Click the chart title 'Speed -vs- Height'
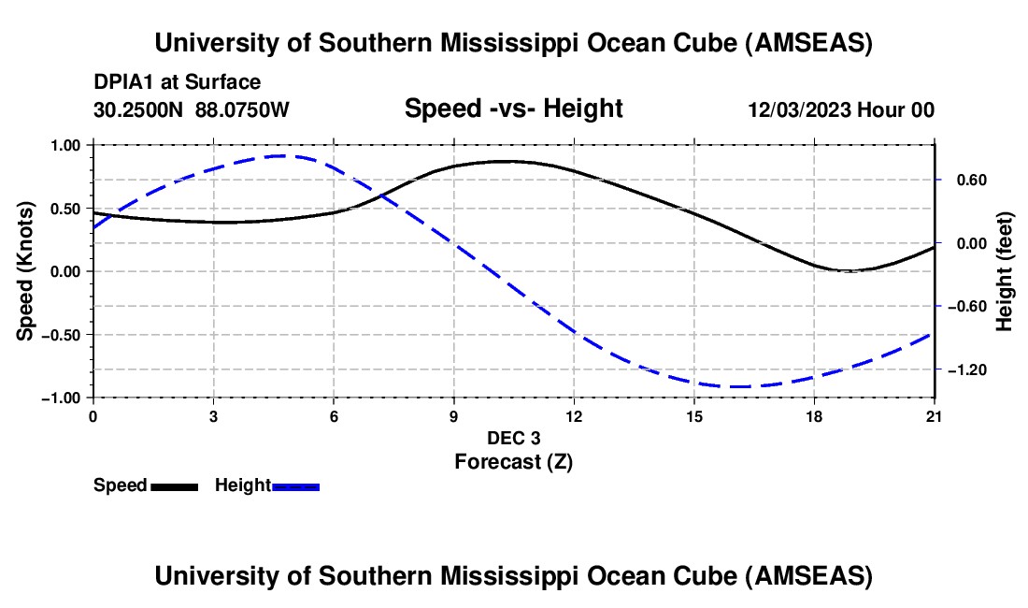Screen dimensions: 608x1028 coord(513,109)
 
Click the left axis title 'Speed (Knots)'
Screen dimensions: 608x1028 coord(27,271)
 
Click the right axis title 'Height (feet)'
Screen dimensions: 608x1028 coord(1005,271)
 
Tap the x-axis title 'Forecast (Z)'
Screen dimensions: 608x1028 coord(513,461)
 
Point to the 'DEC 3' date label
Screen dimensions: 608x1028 coord(513,438)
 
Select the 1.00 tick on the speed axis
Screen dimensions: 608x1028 coord(65,145)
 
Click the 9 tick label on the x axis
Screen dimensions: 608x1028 coord(453,415)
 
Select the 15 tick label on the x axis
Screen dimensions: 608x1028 coord(693,415)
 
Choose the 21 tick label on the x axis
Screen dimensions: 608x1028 coord(934,415)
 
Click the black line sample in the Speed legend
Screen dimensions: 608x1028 coord(174,486)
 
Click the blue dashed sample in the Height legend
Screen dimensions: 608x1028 coord(295,486)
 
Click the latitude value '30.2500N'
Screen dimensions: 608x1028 coord(139,109)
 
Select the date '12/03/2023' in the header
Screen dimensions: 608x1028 coord(799,109)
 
